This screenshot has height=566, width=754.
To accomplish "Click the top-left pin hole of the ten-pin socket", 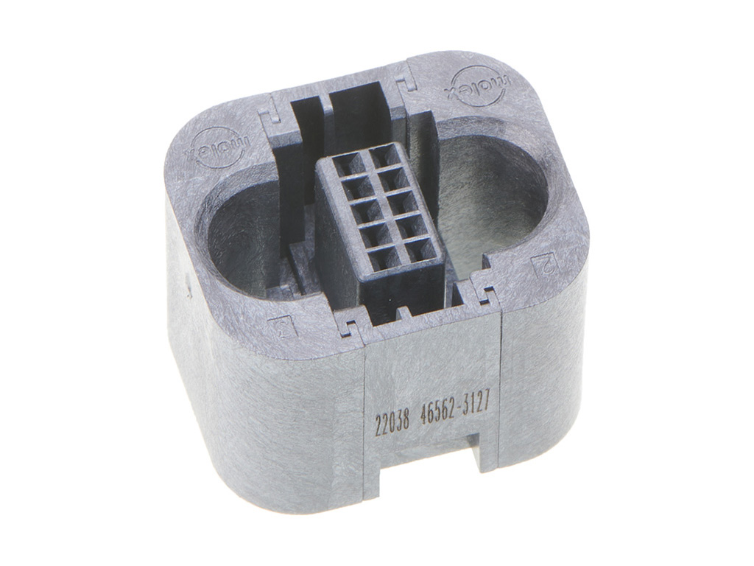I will (x=345, y=163).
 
